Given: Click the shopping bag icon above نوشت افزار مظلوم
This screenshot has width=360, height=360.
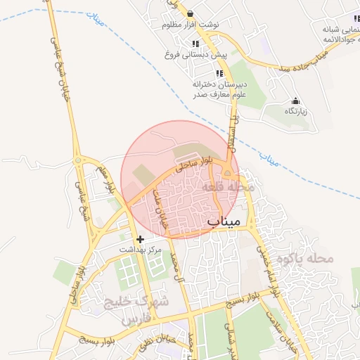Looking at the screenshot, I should (191, 13).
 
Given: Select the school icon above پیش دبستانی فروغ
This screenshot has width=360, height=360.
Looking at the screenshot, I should (195, 44).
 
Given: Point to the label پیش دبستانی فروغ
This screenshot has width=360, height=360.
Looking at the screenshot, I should (195, 53).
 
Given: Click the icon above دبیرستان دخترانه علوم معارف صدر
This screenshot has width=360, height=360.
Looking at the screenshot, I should (219, 72).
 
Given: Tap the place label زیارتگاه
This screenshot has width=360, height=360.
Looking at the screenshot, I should (296, 111).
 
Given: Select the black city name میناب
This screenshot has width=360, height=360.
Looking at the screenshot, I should (224, 221).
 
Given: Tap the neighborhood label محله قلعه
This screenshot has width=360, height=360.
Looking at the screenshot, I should (222, 188).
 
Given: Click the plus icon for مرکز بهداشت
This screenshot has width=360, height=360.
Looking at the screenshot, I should (141, 239).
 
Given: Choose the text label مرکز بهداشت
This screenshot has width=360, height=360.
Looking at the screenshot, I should (140, 250).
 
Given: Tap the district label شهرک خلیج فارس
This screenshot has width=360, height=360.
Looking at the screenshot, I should (136, 310).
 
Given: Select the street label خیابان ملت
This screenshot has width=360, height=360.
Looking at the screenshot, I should (160, 208).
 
